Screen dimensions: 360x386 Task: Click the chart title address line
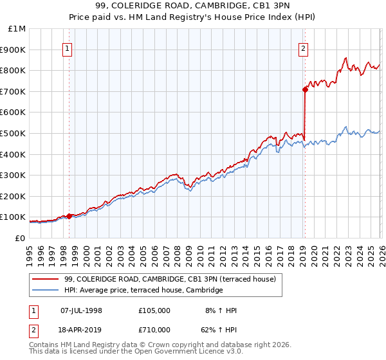click(x=192, y=7)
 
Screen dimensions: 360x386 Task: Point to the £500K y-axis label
click(x=14, y=134)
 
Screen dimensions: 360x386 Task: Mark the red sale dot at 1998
click(x=69, y=216)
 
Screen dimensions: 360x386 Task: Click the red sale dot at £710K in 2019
click(x=305, y=90)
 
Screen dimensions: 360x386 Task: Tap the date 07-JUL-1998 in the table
click(x=81, y=310)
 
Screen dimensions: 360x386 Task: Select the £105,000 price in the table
click(x=154, y=310)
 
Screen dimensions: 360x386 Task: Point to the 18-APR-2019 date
click(x=81, y=329)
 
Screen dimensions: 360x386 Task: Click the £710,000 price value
click(x=154, y=329)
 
